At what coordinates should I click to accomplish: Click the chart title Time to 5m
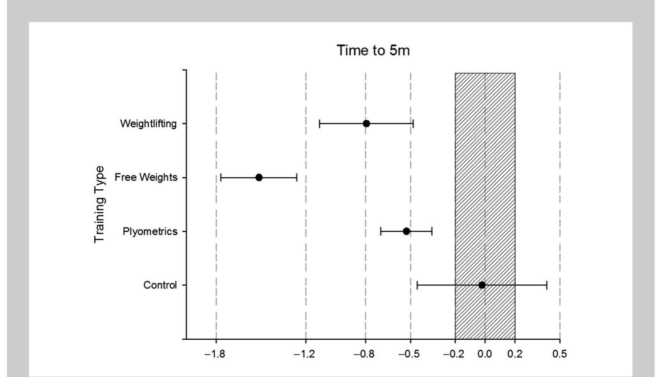[x=373, y=50]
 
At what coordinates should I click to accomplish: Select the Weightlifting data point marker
[x=366, y=123]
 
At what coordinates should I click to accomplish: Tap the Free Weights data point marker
[x=259, y=177]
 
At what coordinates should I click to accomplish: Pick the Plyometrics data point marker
[x=406, y=231]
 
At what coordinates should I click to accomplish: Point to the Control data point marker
[x=482, y=285]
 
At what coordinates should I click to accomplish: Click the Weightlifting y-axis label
[x=148, y=123]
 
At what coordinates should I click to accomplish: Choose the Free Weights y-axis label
[x=146, y=177]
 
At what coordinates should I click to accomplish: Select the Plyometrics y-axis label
[x=150, y=231]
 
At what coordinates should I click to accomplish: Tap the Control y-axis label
[x=160, y=285]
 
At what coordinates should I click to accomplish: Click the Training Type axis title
[x=100, y=204]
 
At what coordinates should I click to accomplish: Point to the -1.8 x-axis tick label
[x=215, y=354]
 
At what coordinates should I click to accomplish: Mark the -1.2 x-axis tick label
[x=304, y=354]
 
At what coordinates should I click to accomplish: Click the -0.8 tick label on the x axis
[x=364, y=354]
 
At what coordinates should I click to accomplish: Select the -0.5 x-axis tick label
[x=409, y=354]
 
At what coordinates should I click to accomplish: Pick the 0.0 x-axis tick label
[x=485, y=354]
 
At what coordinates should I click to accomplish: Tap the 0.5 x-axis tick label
[x=559, y=354]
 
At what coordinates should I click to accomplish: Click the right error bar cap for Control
[x=547, y=285]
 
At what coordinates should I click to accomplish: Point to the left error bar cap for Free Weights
[x=221, y=177]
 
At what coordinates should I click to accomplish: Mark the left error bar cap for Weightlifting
[x=319, y=123]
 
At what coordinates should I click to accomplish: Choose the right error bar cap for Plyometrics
[x=432, y=231]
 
